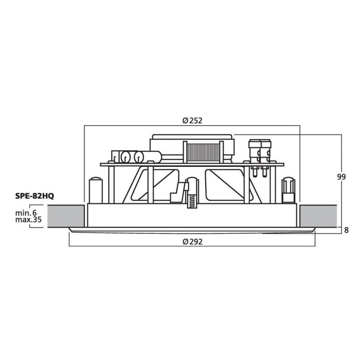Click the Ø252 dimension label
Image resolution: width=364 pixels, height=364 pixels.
click(x=192, y=121)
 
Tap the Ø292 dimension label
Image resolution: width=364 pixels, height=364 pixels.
click(x=192, y=242)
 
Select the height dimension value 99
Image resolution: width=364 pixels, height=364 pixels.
click(x=341, y=177)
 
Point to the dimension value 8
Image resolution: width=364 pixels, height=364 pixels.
click(x=346, y=230)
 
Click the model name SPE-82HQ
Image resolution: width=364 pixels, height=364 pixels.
click(x=35, y=196)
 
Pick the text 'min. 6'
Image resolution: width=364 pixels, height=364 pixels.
click(x=26, y=213)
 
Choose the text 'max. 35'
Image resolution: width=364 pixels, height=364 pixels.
click(x=28, y=219)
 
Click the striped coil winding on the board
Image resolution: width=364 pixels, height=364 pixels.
click(x=203, y=152)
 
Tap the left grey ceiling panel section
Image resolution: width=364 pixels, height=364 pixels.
click(x=66, y=216)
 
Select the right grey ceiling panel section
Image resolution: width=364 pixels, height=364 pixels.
click(x=318, y=216)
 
